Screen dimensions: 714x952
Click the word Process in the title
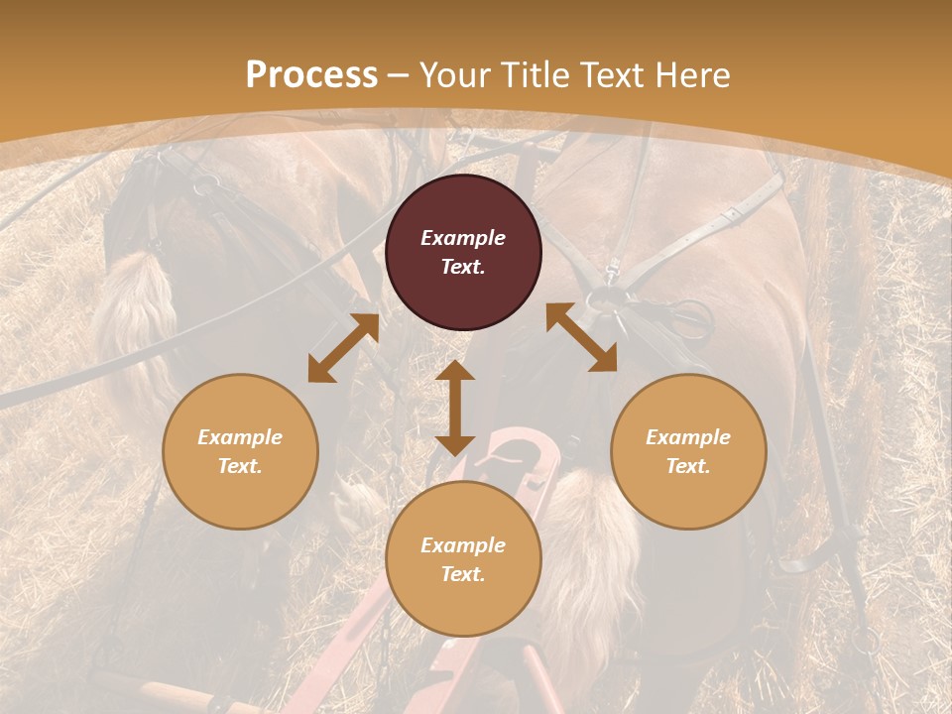[x=311, y=75]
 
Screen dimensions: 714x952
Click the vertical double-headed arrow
[x=455, y=408]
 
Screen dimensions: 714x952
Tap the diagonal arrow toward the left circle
[x=343, y=348]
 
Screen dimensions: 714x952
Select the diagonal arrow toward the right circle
[x=581, y=337]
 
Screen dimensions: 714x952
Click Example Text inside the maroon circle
[x=463, y=252]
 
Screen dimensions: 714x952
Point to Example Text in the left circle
[x=240, y=451]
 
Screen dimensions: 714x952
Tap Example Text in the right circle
[x=688, y=451]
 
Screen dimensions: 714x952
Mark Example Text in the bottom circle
[x=463, y=559]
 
